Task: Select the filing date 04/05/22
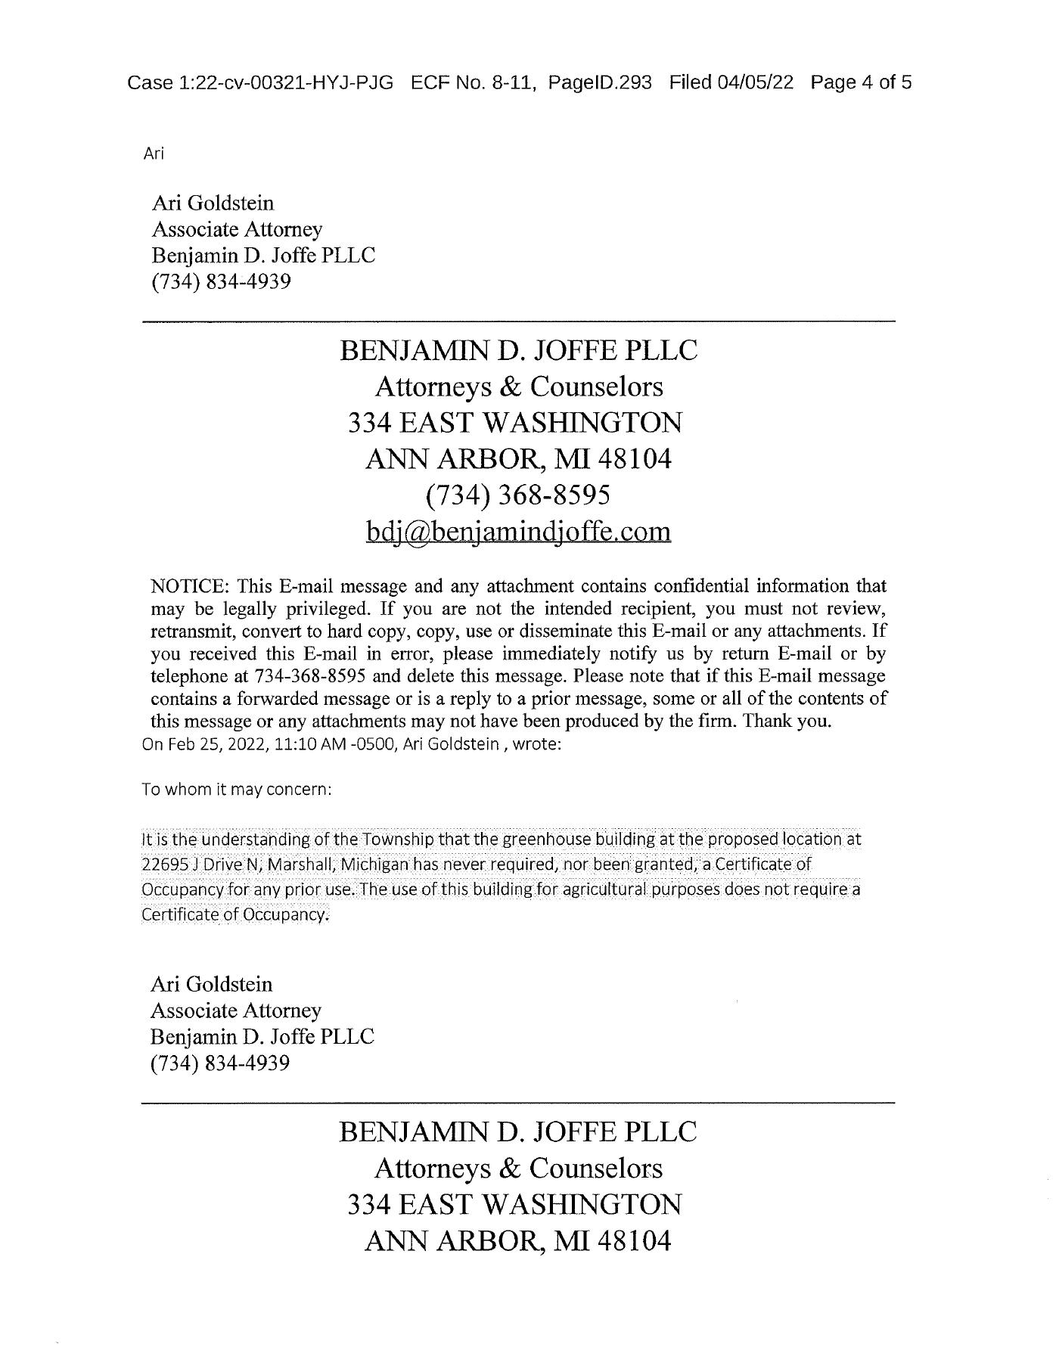[x=756, y=82]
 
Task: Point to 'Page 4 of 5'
[x=861, y=82]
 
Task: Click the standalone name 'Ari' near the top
[x=154, y=154]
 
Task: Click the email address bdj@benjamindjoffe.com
[x=518, y=531]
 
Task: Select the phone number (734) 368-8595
[x=518, y=495]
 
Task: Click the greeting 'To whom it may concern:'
[x=237, y=790]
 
